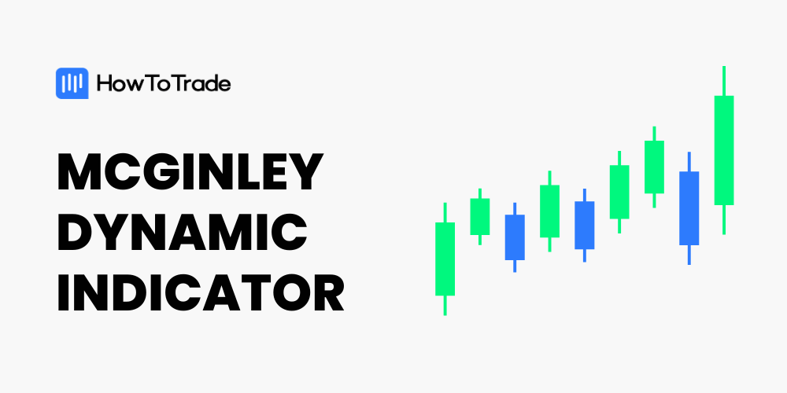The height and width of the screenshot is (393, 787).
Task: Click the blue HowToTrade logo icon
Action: tap(72, 83)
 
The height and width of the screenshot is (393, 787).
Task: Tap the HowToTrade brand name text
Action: tap(164, 84)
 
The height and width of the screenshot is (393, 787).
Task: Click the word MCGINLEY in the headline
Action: tap(190, 171)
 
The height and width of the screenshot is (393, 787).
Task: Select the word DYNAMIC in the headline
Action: tap(183, 232)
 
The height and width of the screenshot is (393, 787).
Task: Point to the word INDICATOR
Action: tap(201, 292)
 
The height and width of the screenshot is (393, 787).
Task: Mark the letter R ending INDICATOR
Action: tap(328, 292)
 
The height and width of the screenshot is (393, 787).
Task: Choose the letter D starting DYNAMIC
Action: tap(76, 232)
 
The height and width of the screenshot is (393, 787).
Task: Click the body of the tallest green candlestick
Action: tap(724, 150)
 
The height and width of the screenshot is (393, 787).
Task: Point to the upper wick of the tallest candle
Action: tap(724, 81)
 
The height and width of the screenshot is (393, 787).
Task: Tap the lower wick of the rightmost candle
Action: tap(724, 219)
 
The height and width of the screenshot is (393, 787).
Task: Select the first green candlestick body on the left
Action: tap(445, 259)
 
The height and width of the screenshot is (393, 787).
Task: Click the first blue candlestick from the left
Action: tap(515, 237)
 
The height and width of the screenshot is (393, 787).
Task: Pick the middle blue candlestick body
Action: tap(584, 225)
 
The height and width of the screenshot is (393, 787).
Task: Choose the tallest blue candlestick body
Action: tap(689, 208)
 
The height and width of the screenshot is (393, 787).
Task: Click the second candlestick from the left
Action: tap(480, 217)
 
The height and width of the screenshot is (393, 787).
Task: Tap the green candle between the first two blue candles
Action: tap(549, 211)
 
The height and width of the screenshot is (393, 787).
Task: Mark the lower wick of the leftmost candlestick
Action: tap(445, 305)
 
